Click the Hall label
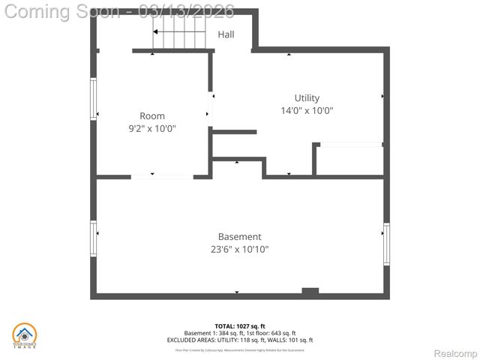(226, 34)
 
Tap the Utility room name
(307, 98)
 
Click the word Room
(152, 116)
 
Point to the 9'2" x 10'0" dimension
(152, 128)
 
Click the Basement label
(240, 237)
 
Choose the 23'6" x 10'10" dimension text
(240, 250)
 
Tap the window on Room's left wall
(94, 99)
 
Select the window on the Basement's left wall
(94, 238)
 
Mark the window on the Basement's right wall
(386, 244)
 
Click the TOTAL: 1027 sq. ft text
(240, 326)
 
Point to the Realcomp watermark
(456, 353)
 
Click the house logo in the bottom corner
(24, 335)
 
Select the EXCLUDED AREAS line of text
(240, 340)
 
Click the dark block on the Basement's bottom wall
(310, 291)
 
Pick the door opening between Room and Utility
(211, 109)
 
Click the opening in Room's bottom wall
(162, 176)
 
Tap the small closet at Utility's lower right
(349, 160)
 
